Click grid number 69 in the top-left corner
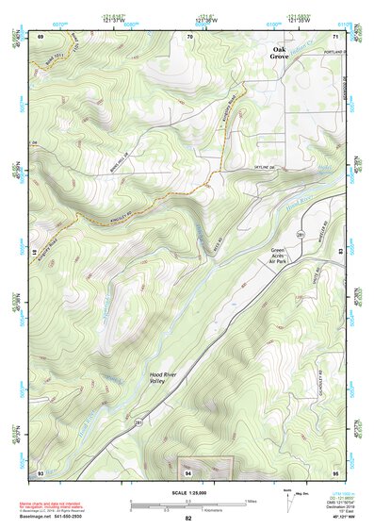pos(41,36)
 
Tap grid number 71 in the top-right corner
pos(335,36)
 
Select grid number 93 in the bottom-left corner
pos(41,471)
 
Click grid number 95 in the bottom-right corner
pos(335,471)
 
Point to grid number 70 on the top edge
pos(189,36)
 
